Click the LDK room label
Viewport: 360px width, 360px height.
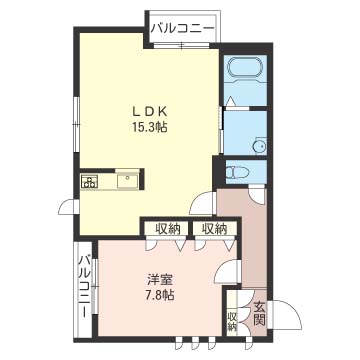(150, 112)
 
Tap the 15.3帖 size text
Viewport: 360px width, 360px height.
(149, 127)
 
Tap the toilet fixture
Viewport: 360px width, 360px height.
(238, 172)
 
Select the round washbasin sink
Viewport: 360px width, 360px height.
(259, 146)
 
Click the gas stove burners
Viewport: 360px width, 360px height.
(89, 181)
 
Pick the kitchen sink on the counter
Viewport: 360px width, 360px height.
(128, 181)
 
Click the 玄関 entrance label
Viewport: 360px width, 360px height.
(259, 314)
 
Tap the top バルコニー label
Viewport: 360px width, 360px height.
(182, 28)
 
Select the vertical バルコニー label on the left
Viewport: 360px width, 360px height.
(85, 286)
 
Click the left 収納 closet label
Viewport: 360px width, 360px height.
(167, 229)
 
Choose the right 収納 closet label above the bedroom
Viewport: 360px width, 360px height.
(215, 229)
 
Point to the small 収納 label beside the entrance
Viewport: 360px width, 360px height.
(232, 321)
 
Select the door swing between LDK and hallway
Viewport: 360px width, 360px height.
(201, 202)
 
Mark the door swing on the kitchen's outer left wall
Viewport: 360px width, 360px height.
(68, 206)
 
